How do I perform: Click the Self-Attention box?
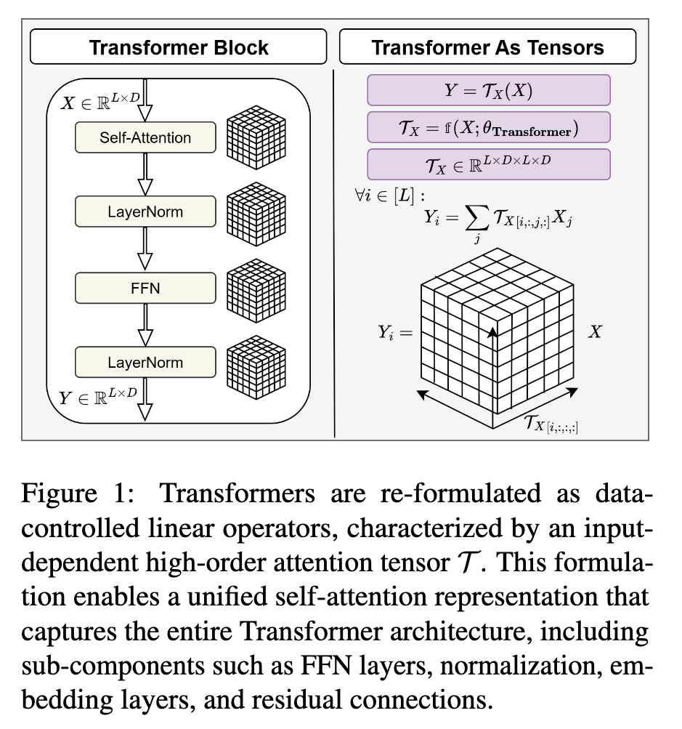145,137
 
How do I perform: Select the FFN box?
145,287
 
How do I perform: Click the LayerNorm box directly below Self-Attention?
145,212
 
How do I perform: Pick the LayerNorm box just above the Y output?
145,362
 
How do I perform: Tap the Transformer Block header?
179,48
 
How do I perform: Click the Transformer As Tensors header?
487,48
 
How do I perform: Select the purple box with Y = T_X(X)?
488,90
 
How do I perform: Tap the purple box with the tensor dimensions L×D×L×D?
488,164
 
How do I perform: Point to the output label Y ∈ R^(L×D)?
99,398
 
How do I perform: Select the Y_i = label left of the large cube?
394,333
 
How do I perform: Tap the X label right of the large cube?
594,333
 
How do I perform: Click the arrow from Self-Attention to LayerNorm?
145,174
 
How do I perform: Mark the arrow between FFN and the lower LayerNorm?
145,324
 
